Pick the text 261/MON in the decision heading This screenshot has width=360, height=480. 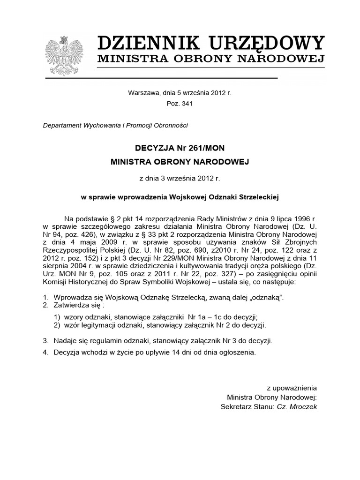pyautogui.click(x=206, y=148)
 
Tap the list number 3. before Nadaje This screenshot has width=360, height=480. pyautogui.click(x=45, y=341)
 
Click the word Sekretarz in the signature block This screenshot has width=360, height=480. pyautogui.click(x=236, y=407)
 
